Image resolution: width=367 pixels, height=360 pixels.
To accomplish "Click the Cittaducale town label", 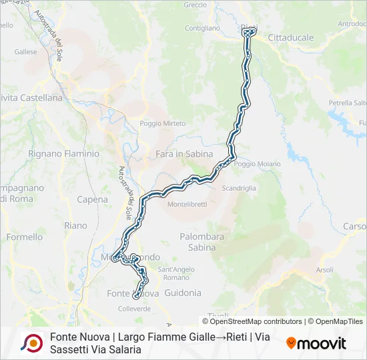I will click(x=290, y=38).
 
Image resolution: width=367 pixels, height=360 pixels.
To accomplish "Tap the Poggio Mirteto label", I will click(x=162, y=123).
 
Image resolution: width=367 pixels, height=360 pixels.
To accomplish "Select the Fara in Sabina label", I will click(x=184, y=154).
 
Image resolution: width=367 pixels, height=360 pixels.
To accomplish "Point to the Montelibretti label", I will click(x=187, y=203).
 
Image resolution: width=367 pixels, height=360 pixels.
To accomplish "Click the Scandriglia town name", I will click(x=239, y=188).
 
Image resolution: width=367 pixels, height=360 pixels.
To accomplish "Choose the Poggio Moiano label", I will click(x=253, y=163).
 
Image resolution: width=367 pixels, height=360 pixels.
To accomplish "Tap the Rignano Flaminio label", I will click(x=63, y=153).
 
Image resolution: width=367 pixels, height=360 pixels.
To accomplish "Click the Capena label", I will click(x=92, y=199).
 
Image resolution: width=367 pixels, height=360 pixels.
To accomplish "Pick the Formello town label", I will click(x=24, y=237).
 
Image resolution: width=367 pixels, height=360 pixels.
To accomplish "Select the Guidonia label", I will click(x=182, y=293).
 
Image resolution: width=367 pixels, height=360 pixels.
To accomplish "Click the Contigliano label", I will click(x=202, y=28).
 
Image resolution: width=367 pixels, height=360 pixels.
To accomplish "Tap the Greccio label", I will click(x=195, y=5).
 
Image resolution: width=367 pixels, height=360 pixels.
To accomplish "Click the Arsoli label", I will click(x=324, y=270).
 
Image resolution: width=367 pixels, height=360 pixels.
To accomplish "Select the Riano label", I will click(x=75, y=226).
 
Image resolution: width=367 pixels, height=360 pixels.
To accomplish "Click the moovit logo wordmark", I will click(x=316, y=343).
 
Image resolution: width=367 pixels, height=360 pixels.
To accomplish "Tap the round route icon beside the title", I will click(x=31, y=343).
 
